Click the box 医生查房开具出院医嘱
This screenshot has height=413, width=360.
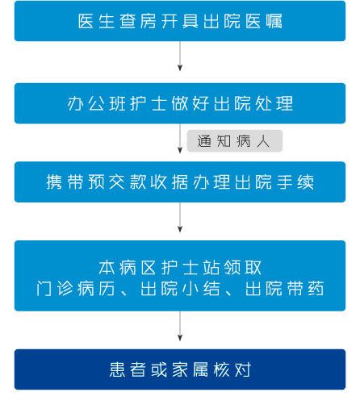[x=180, y=21]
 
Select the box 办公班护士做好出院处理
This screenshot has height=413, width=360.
[x=180, y=103]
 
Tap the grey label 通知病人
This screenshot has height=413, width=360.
[x=235, y=141]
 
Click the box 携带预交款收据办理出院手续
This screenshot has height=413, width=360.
[x=180, y=182]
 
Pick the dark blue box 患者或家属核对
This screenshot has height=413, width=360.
[x=180, y=369]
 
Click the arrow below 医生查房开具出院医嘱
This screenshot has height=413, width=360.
[x=180, y=56]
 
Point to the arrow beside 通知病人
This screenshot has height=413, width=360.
[x=180, y=138]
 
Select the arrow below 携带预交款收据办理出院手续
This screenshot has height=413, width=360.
[x=180, y=217]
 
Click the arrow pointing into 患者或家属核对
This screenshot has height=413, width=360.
[x=180, y=326]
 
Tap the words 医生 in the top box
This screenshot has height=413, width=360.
[x=96, y=21]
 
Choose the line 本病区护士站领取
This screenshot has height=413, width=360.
[x=180, y=268]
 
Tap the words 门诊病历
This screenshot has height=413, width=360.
[x=76, y=289]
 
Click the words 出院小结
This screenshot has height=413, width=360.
[x=180, y=289]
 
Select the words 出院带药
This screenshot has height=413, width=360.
[x=285, y=289]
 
